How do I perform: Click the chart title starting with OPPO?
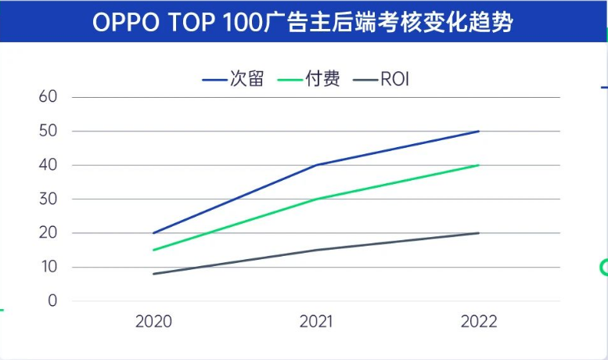tap(303, 22)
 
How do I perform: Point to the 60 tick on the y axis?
tap(49, 97)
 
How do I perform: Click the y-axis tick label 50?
tap(49, 131)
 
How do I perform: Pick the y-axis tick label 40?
tap(49, 165)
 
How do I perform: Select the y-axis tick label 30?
tap(49, 199)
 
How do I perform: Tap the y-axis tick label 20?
tap(49, 233)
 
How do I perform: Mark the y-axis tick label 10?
tap(49, 267)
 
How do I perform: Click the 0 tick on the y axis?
tap(52, 301)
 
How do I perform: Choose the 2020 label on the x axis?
tap(153, 322)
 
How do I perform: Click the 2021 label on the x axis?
tap(316, 322)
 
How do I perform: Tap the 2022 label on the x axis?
tap(479, 322)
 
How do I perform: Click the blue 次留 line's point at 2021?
tap(316, 165)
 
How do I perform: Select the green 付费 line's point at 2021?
tap(316, 199)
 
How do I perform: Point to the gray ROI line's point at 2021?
tap(316, 250)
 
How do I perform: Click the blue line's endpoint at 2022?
tap(479, 131)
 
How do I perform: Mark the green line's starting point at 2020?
tap(153, 250)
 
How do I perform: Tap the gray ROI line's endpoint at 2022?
tap(479, 233)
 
